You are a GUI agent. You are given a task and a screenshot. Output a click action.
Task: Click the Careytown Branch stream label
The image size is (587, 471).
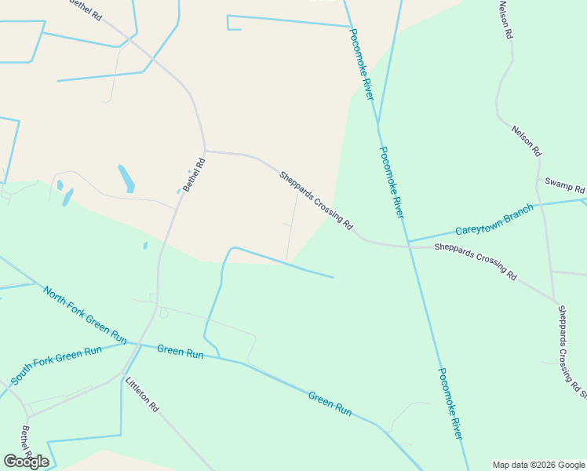click(494, 221)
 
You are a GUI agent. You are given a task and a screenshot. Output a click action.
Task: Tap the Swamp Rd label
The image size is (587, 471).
click(565, 186)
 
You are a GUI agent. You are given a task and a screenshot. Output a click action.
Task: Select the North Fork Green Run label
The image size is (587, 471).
click(85, 315)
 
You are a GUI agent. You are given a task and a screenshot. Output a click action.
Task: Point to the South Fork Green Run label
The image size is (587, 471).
click(57, 365)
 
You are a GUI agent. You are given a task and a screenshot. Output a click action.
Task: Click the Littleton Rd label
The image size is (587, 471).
click(142, 395)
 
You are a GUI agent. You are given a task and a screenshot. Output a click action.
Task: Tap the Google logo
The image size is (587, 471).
click(26, 461)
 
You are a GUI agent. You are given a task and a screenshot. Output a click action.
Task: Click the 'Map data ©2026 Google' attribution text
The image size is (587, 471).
click(539, 465)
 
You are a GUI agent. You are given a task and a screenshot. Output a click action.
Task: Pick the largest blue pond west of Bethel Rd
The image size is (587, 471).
click(126, 178)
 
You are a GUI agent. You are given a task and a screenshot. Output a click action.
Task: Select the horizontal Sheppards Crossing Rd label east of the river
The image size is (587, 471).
click(476, 260)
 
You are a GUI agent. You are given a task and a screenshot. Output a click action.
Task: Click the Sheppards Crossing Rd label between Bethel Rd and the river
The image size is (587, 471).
click(316, 200)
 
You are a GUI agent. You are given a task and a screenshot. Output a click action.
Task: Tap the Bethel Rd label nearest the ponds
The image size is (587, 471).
click(194, 175)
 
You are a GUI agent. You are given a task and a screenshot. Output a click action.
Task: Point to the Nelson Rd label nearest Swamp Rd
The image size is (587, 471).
click(526, 140)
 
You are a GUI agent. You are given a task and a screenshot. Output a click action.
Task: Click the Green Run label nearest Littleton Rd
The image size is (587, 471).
click(180, 352)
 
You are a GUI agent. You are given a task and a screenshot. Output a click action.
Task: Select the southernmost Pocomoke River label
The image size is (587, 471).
click(450, 403)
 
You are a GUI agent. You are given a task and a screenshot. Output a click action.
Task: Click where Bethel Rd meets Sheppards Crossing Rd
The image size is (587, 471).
click(205, 151)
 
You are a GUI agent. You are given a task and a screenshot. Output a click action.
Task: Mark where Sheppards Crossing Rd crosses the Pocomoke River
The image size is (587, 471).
click(408, 246)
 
